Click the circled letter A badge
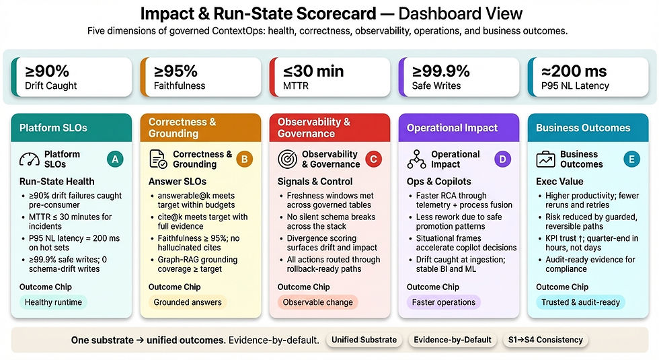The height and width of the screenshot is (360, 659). tap(115, 159)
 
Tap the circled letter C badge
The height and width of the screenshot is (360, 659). tap(373, 159)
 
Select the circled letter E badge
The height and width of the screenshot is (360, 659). tap(631, 159)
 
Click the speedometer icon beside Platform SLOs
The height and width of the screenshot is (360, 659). tap(30, 159)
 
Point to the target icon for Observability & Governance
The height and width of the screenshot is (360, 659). tap(288, 159)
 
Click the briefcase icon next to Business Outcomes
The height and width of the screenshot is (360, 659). tap(545, 159)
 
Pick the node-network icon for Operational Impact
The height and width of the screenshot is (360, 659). tap(417, 159)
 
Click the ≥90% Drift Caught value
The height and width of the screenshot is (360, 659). tap(46, 71)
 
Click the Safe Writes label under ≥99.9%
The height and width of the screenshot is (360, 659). tap(436, 85)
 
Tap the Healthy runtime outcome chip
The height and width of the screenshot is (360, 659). tap(53, 302)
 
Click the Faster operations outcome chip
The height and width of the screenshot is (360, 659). tap(441, 302)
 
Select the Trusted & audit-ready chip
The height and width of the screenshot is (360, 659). tap(580, 302)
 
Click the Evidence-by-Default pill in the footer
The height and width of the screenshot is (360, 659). tap(452, 340)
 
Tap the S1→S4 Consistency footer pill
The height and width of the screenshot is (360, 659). tap(545, 340)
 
